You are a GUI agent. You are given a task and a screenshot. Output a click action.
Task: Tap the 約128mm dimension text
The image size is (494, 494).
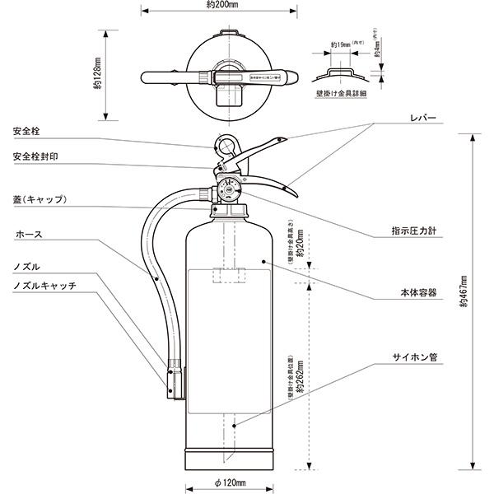[x=99, y=76]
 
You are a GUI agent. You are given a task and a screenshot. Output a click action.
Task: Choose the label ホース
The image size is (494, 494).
[x=28, y=235]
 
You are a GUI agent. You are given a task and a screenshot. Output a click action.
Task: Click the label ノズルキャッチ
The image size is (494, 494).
[x=45, y=285]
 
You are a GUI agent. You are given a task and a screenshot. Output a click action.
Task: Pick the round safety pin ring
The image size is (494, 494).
[x=225, y=147]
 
